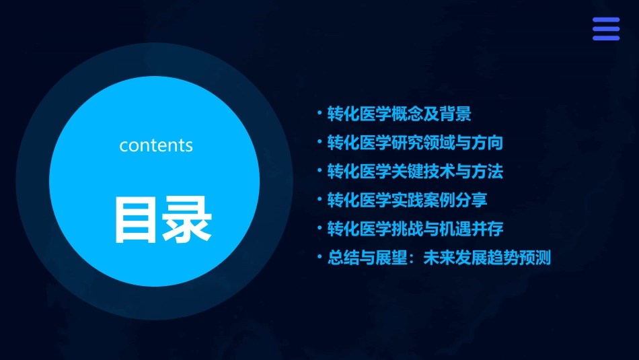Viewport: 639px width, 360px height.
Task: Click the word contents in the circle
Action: tap(156, 145)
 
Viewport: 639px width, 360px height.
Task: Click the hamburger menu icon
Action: tap(605, 29)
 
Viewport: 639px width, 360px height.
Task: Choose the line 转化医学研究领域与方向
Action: tap(415, 143)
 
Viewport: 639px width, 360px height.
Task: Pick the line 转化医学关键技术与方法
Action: tap(415, 172)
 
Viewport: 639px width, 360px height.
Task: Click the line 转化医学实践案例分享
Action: tap(407, 201)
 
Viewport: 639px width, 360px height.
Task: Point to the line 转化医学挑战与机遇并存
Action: tap(415, 229)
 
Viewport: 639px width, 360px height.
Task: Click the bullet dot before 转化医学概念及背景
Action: tap(320, 114)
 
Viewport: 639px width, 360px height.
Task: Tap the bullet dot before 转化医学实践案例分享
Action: tap(320, 200)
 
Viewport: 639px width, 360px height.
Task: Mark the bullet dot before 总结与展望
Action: tap(320, 258)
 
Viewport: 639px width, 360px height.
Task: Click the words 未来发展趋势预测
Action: tap(487, 258)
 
